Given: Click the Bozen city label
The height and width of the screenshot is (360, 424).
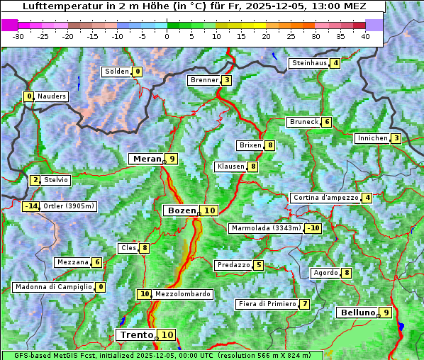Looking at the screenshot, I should [181, 210].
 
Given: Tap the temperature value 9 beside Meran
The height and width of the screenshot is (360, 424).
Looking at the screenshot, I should [172, 159].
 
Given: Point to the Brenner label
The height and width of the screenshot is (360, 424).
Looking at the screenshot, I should [204, 80].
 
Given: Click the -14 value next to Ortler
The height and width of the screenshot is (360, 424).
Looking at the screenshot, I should [30, 206].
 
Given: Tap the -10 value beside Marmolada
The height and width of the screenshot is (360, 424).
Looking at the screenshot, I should [313, 228].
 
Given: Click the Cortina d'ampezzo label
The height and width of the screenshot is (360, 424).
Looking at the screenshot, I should [325, 198].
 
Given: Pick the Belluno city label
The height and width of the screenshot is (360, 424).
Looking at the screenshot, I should [357, 313].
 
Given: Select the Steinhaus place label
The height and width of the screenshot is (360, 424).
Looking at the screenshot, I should [309, 63].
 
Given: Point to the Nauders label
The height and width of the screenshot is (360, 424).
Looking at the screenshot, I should [51, 96].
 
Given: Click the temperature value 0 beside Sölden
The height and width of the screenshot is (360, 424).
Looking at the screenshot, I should [137, 72].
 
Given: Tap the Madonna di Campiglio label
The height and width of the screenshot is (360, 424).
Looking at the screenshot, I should [53, 287].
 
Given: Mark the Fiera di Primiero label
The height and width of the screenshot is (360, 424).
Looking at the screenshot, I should [267, 304].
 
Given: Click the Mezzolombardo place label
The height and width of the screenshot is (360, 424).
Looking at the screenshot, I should [182, 294].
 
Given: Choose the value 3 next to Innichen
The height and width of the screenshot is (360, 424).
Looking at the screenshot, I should [396, 138].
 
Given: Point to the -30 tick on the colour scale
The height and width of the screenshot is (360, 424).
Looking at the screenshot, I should [18, 35].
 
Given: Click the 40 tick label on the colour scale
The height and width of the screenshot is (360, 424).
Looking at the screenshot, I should [365, 35].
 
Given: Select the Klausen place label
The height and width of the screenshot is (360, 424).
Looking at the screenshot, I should [230, 167].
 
